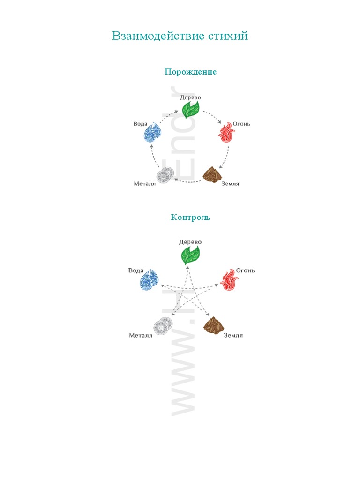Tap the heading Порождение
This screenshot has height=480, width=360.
pos(190,72)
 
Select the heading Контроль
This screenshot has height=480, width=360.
pos(190,217)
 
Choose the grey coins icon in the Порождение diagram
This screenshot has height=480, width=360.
pos(165,176)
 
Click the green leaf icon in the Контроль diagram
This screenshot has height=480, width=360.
pos(190,255)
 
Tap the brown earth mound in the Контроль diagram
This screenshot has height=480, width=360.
pos(213,325)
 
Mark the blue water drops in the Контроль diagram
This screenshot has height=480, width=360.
pos(150,280)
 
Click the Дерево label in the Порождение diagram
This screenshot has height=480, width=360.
pos(190,97)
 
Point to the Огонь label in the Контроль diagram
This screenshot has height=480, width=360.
pos(245,270)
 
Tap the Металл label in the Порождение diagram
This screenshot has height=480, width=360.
pos(144,183)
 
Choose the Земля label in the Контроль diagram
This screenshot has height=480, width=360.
pos(233,335)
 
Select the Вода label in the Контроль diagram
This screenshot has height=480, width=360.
pos(136,270)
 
